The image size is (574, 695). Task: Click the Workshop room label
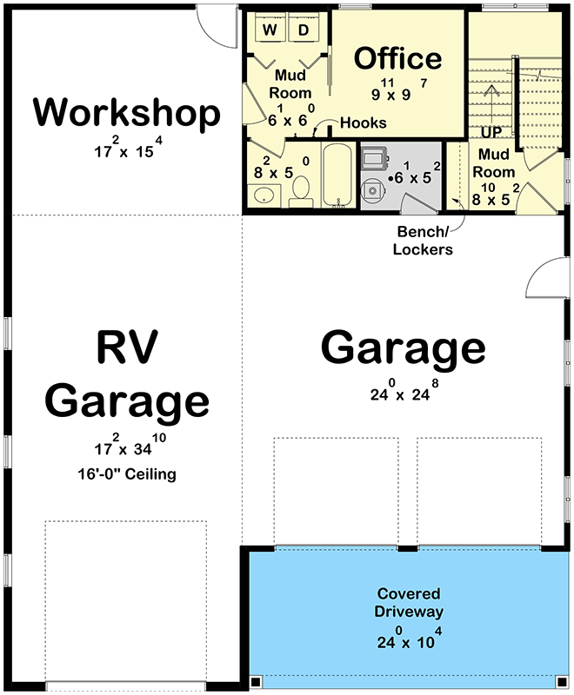coord(127,113)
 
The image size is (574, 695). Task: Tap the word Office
coord(398,58)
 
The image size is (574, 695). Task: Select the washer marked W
coord(270,30)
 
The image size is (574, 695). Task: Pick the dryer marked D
coord(304,30)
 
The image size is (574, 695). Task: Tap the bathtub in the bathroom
coord(336,175)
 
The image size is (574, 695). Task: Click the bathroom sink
coord(261,197)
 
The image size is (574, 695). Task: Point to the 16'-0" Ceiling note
coord(127,474)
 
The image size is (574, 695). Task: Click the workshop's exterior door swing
coord(214,26)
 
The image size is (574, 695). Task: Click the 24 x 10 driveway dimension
coord(408,644)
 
